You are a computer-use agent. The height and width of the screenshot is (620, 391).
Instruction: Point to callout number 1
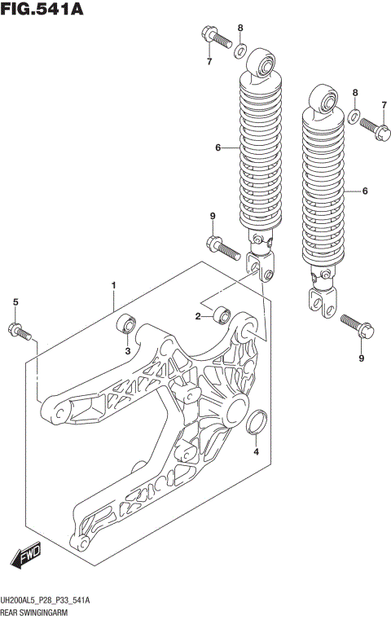114,285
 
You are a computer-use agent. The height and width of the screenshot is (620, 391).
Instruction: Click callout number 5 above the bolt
15,303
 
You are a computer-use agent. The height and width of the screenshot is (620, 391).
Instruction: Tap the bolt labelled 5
19,330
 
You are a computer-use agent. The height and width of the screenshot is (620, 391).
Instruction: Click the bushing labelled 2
222,313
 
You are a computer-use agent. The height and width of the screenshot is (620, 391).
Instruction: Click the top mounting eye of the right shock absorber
326,99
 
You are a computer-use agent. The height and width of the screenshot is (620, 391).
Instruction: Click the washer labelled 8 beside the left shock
241,52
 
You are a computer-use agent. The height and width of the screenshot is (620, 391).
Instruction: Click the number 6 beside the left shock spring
218,147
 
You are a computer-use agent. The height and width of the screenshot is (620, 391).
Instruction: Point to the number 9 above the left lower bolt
212,215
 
